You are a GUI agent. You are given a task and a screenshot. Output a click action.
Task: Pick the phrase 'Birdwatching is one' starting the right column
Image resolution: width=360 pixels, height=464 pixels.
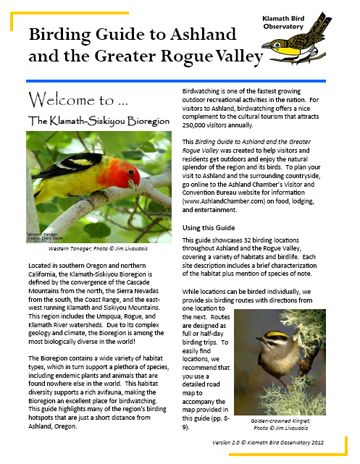click(220, 90)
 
